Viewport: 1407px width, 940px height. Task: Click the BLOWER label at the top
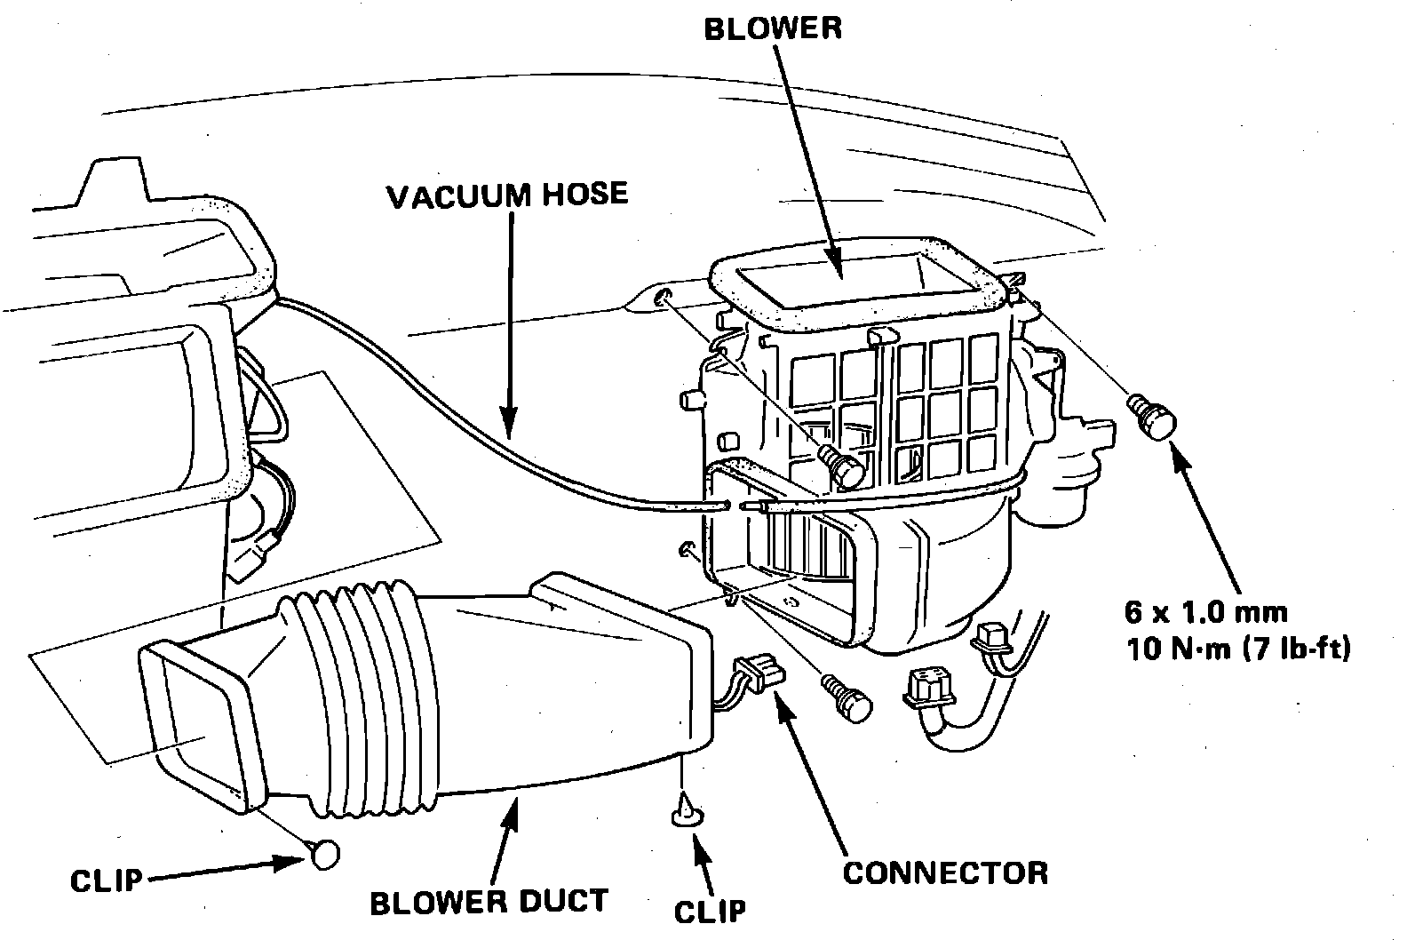tap(772, 28)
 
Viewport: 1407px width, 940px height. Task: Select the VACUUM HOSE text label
tap(507, 195)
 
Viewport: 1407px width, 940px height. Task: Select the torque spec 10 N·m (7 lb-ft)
tap(1236, 649)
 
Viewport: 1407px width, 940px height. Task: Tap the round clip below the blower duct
tap(325, 853)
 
